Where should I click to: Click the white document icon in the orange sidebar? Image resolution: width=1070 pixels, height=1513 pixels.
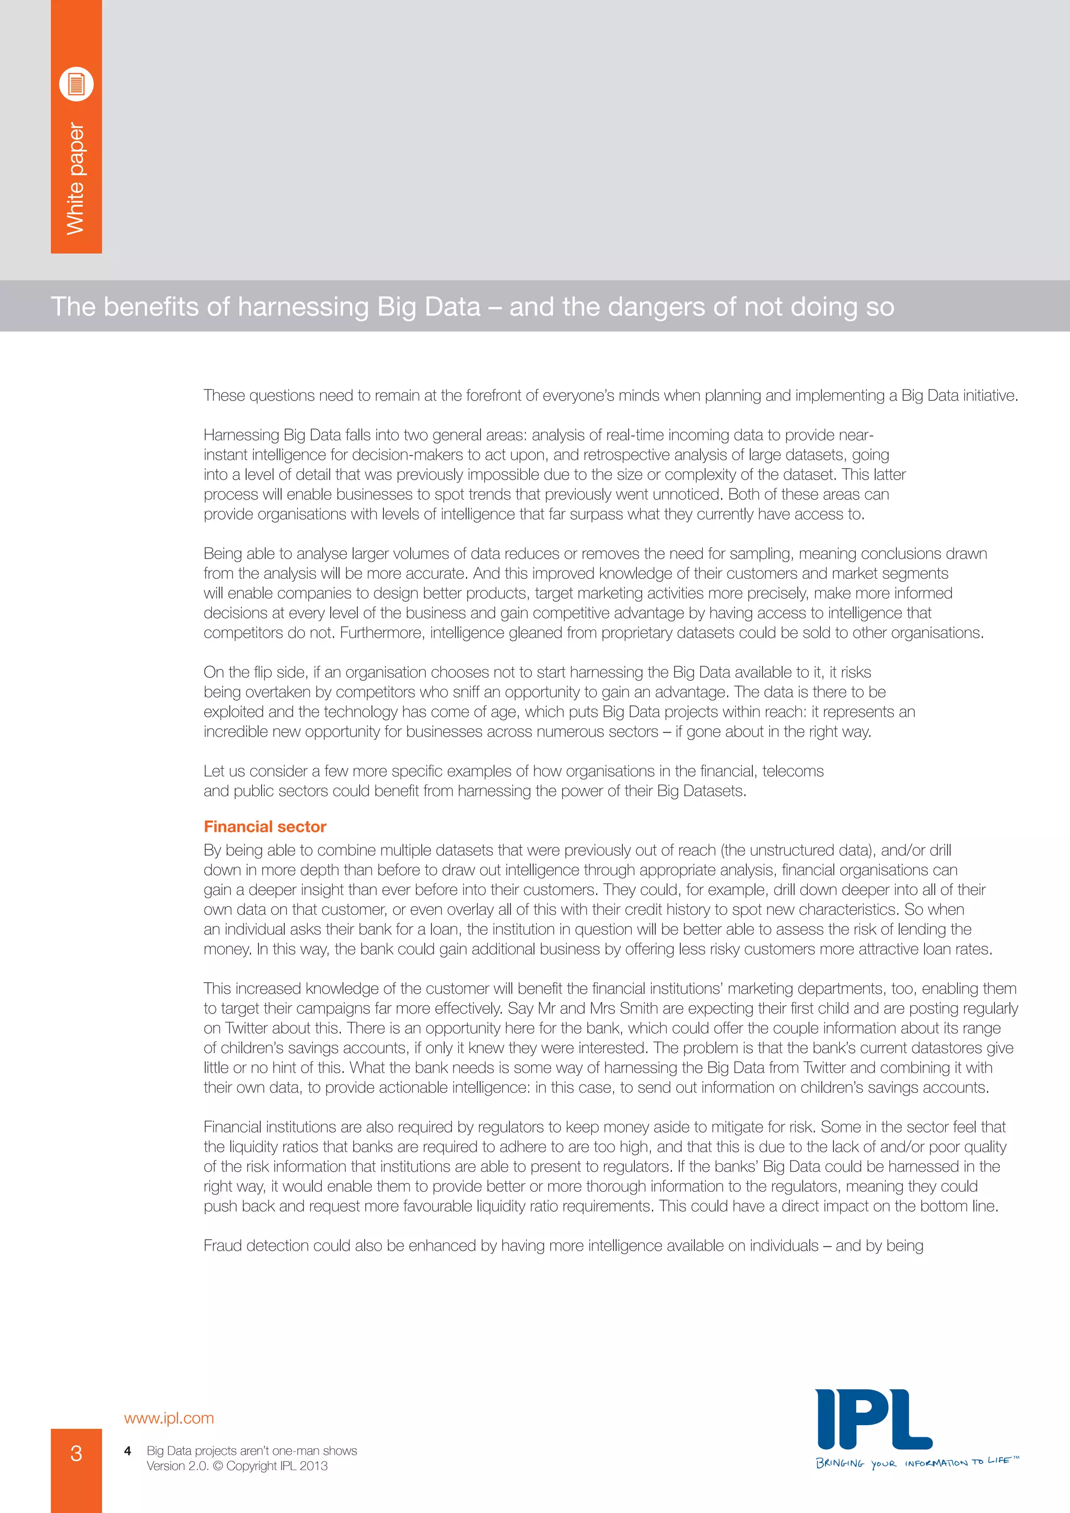[x=76, y=84]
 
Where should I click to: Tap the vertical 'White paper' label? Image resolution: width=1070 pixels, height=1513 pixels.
[x=76, y=178]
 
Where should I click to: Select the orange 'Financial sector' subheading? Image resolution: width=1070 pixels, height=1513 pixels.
[x=265, y=827]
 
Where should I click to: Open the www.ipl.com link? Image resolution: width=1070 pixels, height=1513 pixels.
[x=169, y=1418]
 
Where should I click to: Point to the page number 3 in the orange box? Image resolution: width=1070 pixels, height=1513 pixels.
[x=76, y=1453]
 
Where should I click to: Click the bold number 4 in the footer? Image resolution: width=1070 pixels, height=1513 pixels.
[x=128, y=1451]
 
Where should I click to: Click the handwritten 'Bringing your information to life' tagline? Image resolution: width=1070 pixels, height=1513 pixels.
[x=916, y=1463]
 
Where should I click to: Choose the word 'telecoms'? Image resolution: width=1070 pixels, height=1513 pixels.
[x=793, y=771]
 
